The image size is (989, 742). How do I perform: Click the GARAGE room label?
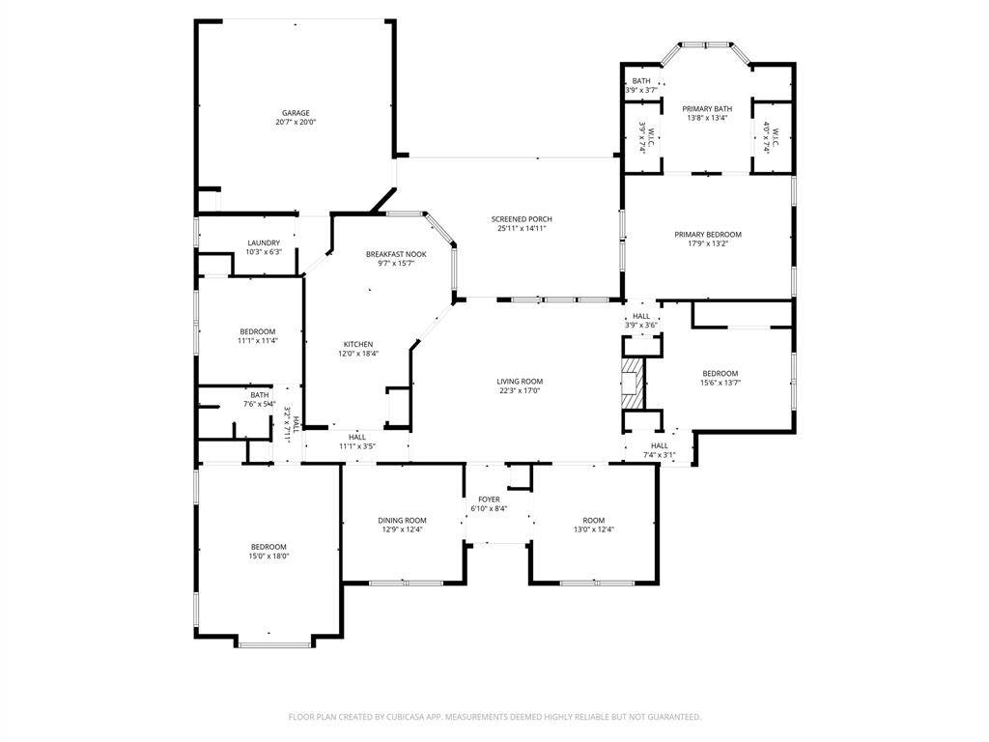tap(296, 113)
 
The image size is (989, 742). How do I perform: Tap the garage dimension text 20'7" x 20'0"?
tap(296, 123)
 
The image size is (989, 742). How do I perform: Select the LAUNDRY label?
tap(264, 243)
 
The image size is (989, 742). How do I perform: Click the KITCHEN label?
tap(358, 344)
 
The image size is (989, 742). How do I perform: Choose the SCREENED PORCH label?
tap(522, 219)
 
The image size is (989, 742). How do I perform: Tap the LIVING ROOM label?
tap(520, 381)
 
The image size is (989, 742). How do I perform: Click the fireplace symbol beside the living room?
tap(632, 384)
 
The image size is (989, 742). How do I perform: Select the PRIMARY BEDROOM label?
tap(707, 235)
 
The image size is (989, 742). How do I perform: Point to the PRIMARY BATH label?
tap(707, 109)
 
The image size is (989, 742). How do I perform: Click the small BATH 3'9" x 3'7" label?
tap(641, 81)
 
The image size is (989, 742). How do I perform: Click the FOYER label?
tap(489, 499)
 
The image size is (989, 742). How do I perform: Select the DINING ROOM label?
tap(402, 520)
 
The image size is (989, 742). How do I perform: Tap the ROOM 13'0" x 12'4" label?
tap(593, 520)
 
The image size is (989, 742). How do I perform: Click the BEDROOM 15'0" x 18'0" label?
tap(268, 547)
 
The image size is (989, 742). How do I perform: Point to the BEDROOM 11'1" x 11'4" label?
tap(257, 331)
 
